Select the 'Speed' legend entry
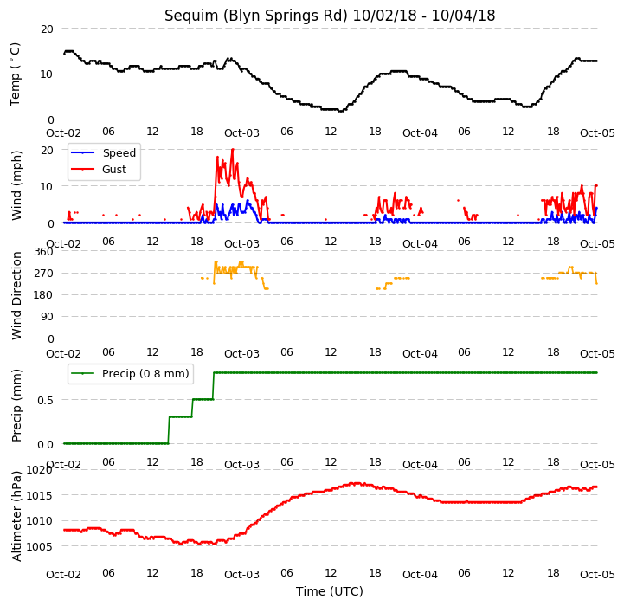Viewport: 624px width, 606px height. [x=119, y=153]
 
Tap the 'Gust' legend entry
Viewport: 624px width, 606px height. [x=114, y=169]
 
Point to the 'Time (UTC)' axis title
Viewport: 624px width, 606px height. [x=330, y=591]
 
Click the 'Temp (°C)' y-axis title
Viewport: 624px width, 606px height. [x=15, y=74]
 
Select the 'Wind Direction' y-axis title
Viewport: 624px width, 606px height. [x=16, y=296]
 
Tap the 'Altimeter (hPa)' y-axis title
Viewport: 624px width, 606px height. [x=16, y=517]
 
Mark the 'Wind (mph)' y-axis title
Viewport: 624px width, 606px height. [x=16, y=185]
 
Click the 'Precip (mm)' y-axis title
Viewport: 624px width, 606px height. [x=16, y=405]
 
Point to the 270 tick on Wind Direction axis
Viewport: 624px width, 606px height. [x=44, y=274]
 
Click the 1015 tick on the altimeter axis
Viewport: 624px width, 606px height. [x=40, y=496]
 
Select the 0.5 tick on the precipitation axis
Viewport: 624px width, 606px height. [x=45, y=400]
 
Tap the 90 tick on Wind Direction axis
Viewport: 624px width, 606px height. [x=47, y=317]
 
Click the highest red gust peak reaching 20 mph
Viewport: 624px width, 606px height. [x=233, y=150]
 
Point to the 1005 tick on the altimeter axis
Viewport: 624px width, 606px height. [x=40, y=546]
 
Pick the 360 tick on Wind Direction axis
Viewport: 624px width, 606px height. [x=44, y=252]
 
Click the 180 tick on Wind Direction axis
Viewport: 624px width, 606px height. [x=44, y=295]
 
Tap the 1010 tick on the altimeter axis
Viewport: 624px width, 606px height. [x=40, y=521]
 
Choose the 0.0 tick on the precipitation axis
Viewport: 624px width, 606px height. [x=45, y=444]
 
